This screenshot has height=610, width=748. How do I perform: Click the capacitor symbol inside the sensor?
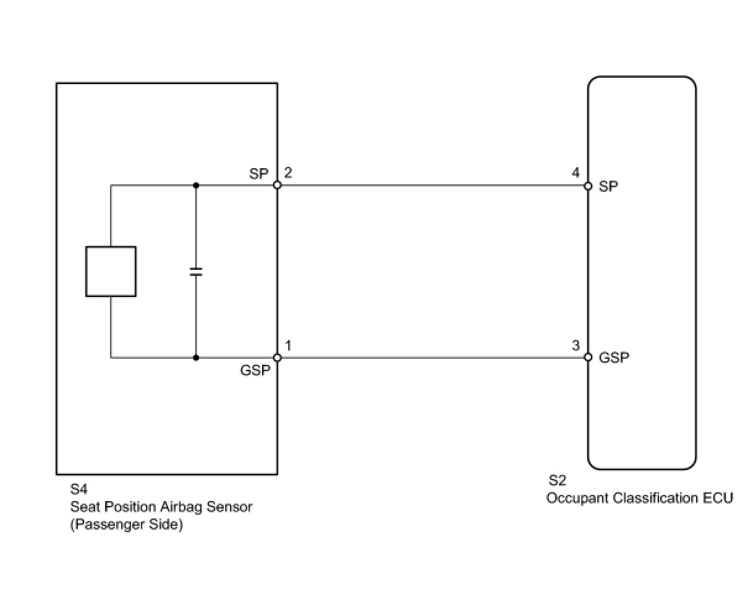pos(196,271)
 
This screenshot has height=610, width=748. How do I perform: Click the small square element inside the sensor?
pos(111,271)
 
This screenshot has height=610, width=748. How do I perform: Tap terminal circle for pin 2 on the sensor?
pos(277,185)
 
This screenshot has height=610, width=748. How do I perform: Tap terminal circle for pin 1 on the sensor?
pos(277,358)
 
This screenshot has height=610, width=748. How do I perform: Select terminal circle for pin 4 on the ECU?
pos(588,185)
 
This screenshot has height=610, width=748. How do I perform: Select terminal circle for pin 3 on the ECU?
pos(588,357)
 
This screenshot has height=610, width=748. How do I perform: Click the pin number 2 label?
pos(288,173)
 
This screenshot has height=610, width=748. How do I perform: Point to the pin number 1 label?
pos(288,345)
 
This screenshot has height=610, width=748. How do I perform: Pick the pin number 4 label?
pos(576,173)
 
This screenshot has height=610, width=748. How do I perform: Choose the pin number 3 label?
pos(576,345)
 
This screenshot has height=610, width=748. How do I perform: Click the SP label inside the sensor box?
pos(259,174)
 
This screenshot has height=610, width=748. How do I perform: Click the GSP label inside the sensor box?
pos(255,371)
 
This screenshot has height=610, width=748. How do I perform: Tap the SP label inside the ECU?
pos(608,186)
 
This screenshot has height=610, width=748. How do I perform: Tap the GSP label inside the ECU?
pos(614,358)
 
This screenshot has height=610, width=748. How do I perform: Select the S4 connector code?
pos(79,490)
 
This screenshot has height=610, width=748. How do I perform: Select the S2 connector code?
pos(557,481)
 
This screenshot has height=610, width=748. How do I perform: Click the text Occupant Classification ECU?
pos(639,498)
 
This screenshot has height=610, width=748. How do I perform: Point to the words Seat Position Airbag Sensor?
pos(161,507)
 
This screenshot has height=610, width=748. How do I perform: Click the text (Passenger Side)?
pos(126,525)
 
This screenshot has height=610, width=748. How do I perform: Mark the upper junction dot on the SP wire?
pos(196,185)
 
